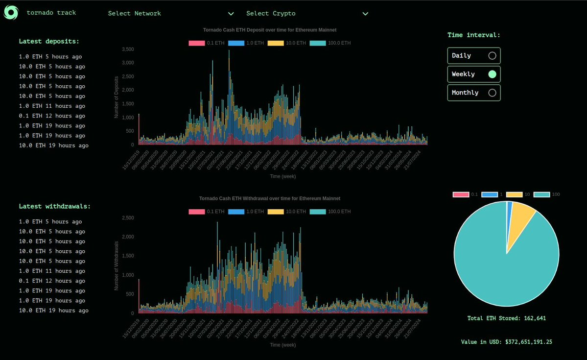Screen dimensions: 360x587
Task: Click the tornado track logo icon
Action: click(11, 13)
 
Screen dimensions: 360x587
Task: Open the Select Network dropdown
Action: click(171, 14)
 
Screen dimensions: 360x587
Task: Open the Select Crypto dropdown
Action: click(307, 14)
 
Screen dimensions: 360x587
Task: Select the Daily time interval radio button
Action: click(492, 56)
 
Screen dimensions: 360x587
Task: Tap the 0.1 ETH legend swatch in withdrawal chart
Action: click(196, 212)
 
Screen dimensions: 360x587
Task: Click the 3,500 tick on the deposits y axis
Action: click(128, 49)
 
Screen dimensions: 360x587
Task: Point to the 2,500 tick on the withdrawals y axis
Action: click(128, 218)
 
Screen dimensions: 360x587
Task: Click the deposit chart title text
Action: click(270, 30)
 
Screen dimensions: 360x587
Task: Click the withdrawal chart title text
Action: click(270, 198)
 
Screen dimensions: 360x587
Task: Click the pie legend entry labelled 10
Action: click(517, 194)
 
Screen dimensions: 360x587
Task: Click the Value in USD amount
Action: click(529, 342)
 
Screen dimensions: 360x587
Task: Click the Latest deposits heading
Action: click(49, 42)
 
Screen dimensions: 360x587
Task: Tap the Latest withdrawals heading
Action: click(55, 206)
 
